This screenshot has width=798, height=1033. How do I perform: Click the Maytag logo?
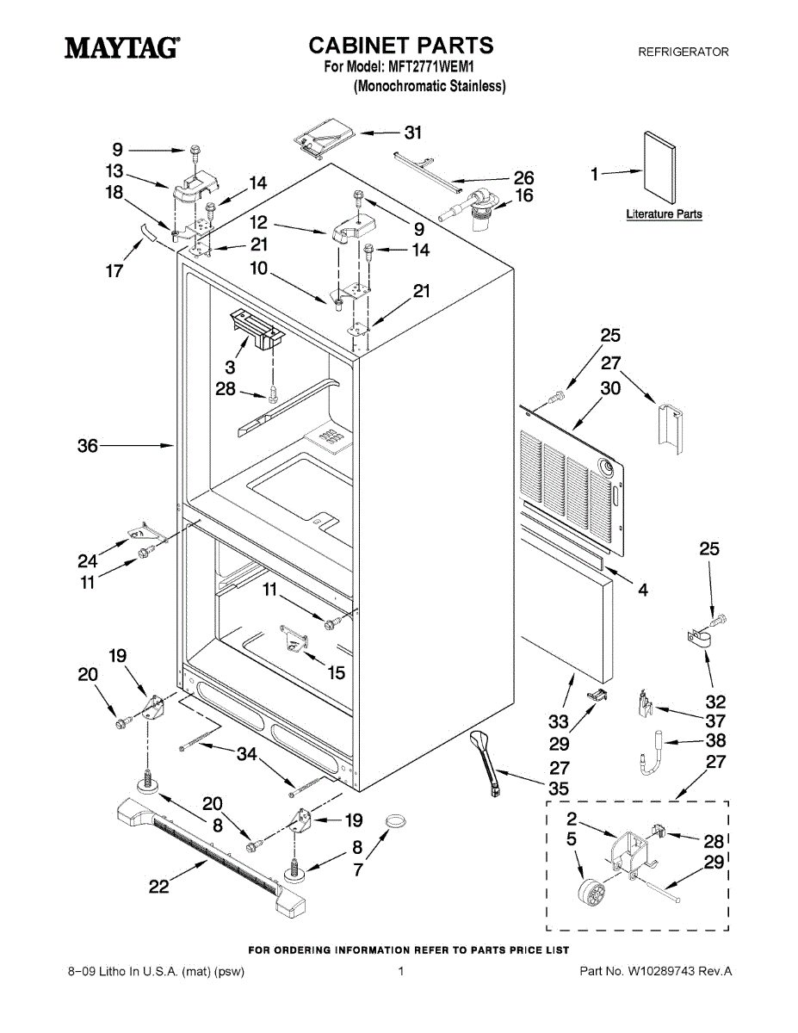(123, 47)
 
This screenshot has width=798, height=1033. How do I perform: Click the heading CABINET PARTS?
(401, 45)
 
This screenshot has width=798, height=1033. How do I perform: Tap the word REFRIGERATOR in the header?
(683, 53)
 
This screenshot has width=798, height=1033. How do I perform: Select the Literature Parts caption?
(664, 214)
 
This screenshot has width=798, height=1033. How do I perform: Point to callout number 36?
(88, 446)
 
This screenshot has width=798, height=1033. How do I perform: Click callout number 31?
(413, 132)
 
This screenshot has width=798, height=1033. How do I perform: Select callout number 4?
(642, 591)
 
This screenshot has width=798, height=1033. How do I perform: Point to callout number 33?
(559, 721)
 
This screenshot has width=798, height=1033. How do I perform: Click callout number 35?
(559, 789)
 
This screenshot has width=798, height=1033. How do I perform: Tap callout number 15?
(337, 672)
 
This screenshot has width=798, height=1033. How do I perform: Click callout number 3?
(231, 366)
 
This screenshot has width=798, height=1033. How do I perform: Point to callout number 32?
(715, 702)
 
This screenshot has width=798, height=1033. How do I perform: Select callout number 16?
(523, 196)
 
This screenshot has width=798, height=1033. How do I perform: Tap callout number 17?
(114, 271)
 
